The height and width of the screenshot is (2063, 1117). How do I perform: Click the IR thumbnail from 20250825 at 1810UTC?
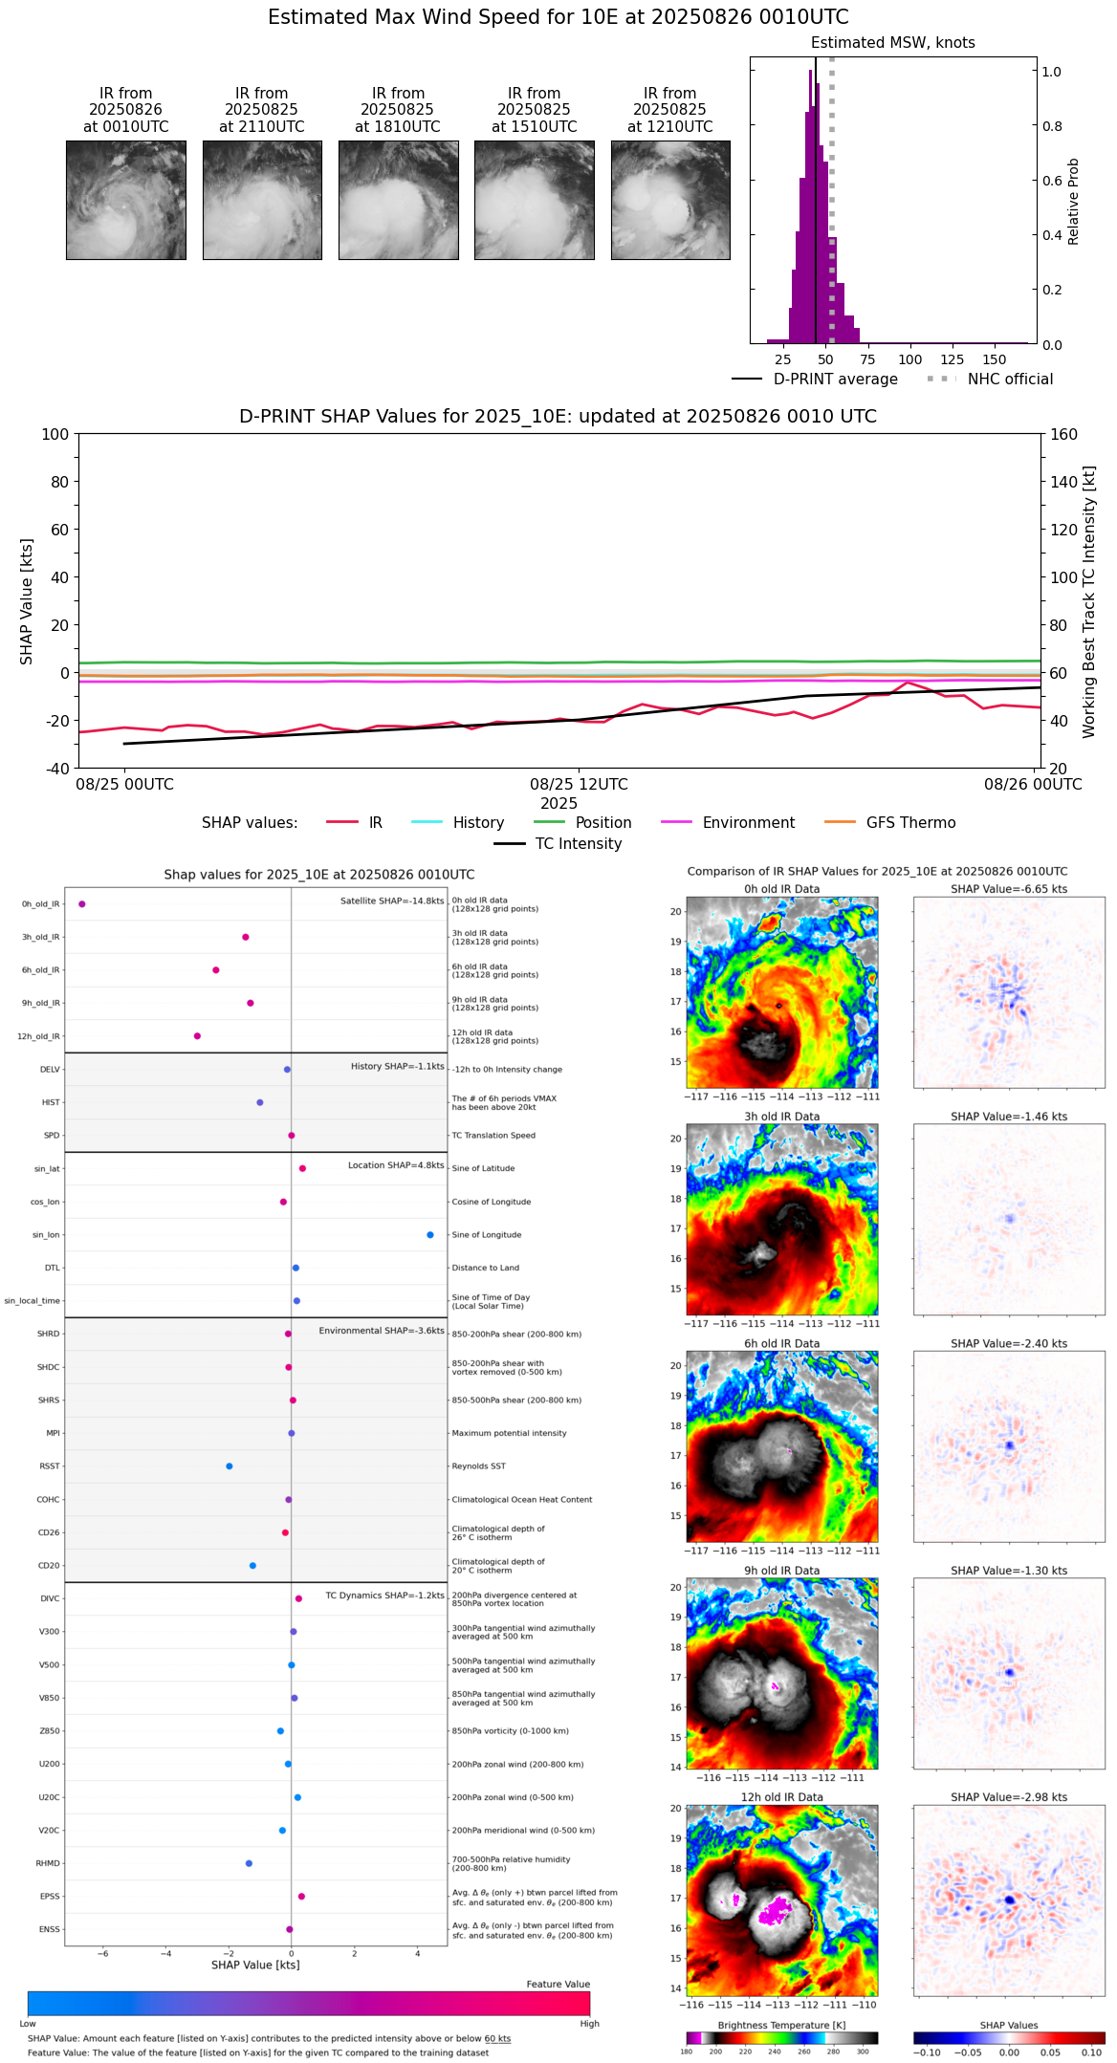coord(398,200)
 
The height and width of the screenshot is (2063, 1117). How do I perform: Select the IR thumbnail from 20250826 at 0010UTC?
coord(125,200)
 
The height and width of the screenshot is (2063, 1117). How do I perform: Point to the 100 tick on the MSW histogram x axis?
coord(909,359)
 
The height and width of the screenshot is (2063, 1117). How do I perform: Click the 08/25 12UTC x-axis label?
coord(579,785)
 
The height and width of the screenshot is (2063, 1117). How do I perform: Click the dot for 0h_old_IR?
coord(82,904)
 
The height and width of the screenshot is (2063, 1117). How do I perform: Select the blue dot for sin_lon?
coord(430,1235)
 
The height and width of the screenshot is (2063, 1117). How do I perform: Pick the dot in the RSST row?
coord(229,1466)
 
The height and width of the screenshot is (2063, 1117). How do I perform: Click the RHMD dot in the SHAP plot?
coord(249,1863)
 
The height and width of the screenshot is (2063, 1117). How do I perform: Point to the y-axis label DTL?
coord(52,1269)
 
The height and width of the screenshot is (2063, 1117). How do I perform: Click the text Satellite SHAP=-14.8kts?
coord(392,901)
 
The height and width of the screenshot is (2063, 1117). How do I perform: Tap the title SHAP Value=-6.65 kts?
coord(1009,889)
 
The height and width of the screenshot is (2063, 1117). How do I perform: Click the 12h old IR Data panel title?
coord(781,1797)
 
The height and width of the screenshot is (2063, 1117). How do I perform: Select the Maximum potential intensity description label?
coord(509,1434)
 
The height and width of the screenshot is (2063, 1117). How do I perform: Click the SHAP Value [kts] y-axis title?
coord(27,601)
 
